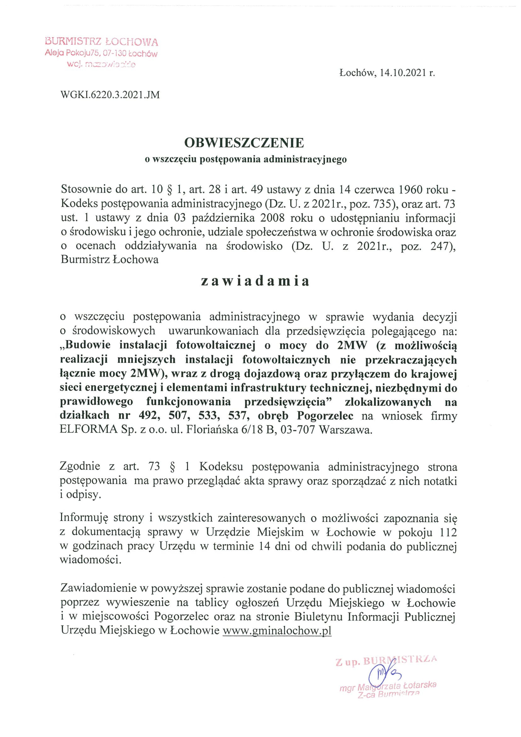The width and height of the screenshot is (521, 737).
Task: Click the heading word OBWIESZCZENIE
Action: (244, 143)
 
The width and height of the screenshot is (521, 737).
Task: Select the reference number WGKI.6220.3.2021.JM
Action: (110, 95)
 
